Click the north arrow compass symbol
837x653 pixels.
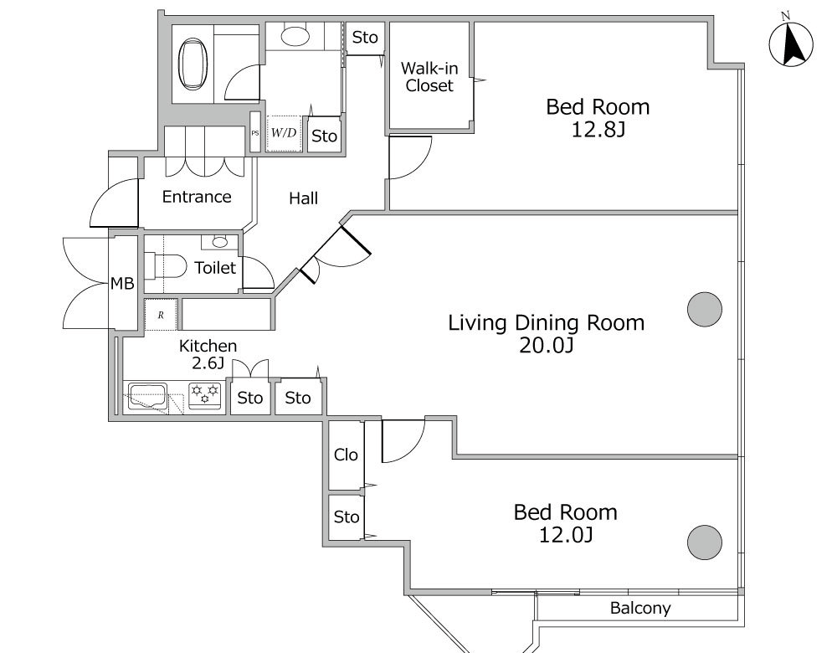791,43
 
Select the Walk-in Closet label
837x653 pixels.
429,77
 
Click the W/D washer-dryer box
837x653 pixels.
284,133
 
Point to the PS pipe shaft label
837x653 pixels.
255,133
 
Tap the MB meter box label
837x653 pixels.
122,284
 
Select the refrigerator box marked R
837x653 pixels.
161,315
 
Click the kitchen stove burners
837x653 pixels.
205,395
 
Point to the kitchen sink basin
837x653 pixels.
148,396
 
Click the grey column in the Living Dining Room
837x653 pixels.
705,309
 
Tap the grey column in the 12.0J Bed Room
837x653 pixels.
705,542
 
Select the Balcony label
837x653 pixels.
640,608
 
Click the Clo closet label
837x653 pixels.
346,455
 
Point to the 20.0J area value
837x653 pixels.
546,346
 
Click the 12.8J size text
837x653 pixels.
598,130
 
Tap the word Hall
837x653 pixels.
303,198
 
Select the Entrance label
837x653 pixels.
197,197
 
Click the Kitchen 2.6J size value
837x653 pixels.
208,363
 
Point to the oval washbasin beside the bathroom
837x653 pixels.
295,36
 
